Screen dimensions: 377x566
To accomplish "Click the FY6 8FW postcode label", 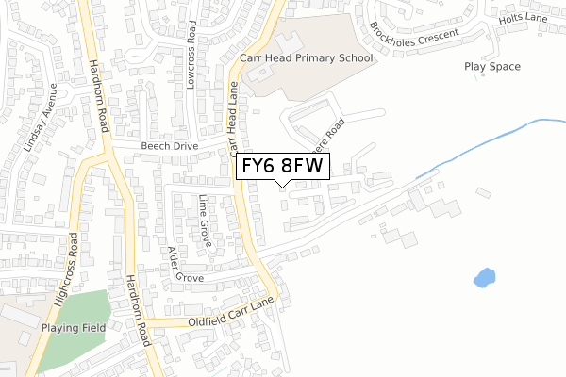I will pyautogui.click(x=282, y=167).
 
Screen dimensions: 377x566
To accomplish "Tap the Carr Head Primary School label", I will pyautogui.click(x=307, y=58).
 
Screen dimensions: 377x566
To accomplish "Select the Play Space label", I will pyautogui.click(x=491, y=67).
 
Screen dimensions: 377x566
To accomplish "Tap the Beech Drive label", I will pyautogui.click(x=170, y=147).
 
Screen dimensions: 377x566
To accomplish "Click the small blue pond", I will pyautogui.click(x=484, y=278).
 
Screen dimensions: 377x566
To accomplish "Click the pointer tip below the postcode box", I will pyautogui.click(x=282, y=185).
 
